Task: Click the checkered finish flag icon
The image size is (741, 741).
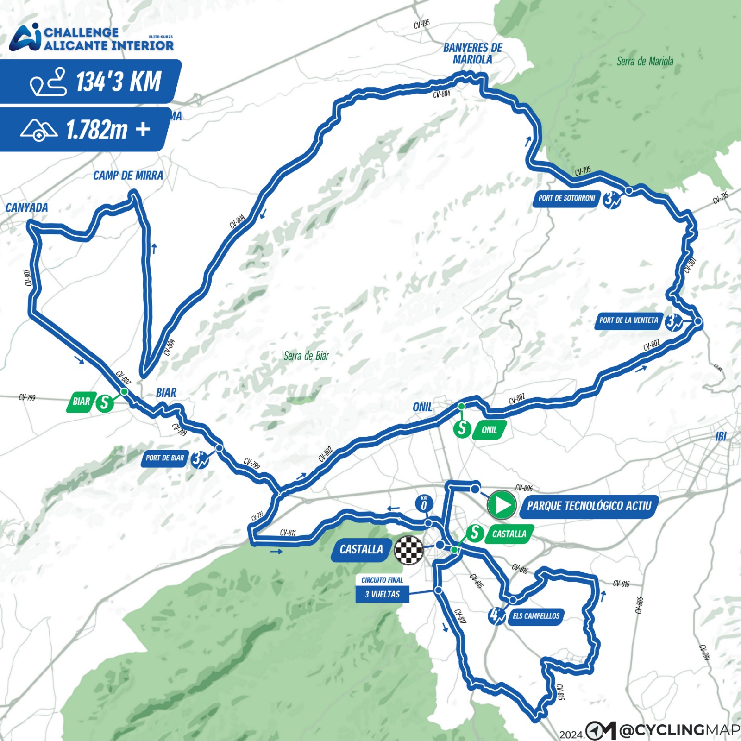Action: tap(408, 550)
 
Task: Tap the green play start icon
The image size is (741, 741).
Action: tap(502, 505)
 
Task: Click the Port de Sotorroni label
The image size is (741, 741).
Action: tap(566, 198)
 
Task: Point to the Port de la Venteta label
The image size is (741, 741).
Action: tap(628, 320)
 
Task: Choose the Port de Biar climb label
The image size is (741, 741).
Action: tap(165, 458)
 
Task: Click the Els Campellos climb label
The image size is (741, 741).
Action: tap(536, 616)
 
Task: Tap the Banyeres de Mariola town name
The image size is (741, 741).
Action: tap(472, 53)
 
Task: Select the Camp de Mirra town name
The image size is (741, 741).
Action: tap(128, 176)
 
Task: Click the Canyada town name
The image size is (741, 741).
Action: tap(26, 207)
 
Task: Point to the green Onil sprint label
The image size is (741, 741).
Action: tap(489, 430)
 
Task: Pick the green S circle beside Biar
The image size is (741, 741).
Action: tap(105, 402)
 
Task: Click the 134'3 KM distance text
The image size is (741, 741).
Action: tap(118, 82)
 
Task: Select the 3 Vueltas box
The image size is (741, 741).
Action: tap(382, 594)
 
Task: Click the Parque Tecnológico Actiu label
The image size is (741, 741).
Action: tap(589, 506)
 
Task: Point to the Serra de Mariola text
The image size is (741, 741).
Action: tap(645, 61)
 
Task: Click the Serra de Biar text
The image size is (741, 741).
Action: tap(306, 356)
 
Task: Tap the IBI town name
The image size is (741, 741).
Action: tap(721, 436)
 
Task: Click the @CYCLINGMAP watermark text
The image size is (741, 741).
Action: tap(679, 730)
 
